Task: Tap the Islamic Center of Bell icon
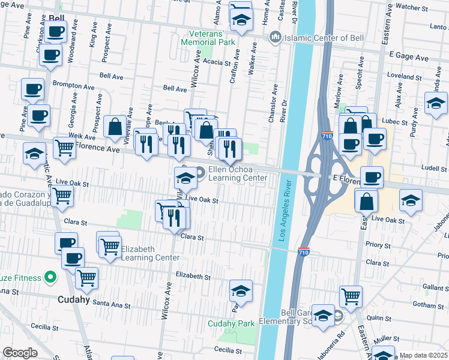tap(276, 37)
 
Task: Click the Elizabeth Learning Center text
tap(150, 253)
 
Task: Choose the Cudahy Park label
tap(231, 323)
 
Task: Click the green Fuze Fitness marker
tap(50, 278)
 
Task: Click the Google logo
tap(20, 353)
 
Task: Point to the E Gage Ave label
tap(409, 57)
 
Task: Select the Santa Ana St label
tap(110, 305)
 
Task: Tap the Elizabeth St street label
tap(193, 277)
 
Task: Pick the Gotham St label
tap(421, 305)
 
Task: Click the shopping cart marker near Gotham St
tap(351, 295)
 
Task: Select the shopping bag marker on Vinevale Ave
tap(114, 127)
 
